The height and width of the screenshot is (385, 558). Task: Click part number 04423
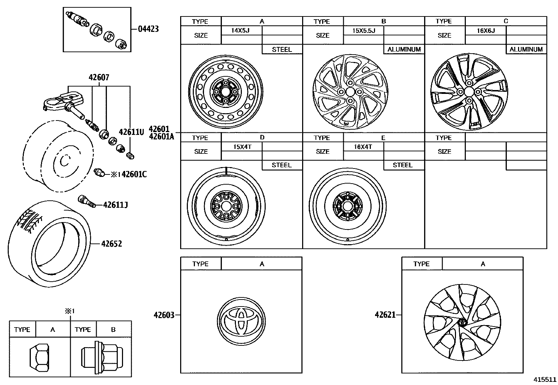point(148,29)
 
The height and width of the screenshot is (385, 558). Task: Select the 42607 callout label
point(99,77)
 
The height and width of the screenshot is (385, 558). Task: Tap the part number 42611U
point(131,132)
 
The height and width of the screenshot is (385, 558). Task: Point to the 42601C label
point(134,174)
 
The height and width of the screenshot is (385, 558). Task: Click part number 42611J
point(115,205)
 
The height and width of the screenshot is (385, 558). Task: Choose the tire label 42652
point(111,243)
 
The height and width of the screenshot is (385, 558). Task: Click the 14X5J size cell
point(240,30)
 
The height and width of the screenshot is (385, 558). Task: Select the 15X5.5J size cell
point(363,30)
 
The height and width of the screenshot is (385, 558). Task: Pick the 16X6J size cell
point(485,30)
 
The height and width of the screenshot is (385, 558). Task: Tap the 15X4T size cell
point(242,147)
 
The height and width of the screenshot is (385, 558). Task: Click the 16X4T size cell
point(363,147)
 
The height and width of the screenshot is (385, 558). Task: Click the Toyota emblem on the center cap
point(241,319)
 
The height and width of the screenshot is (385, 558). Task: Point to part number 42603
point(164,315)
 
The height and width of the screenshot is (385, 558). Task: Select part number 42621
point(385,315)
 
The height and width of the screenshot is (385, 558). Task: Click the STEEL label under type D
point(281,165)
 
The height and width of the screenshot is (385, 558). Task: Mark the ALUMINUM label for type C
point(526,49)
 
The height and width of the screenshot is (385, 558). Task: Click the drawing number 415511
point(545,379)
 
